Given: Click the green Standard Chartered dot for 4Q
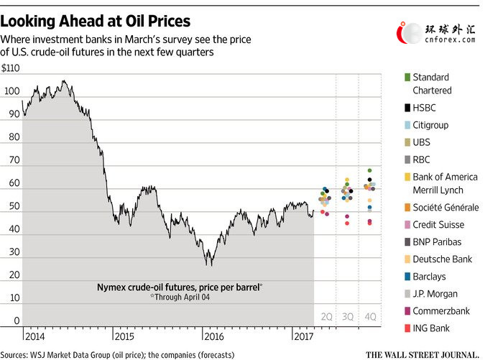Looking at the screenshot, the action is coord(369,170).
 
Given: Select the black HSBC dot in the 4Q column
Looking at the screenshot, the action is coord(369,180).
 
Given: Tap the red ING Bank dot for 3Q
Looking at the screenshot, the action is coord(347,223).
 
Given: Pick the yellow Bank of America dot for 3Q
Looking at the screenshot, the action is coord(347,180).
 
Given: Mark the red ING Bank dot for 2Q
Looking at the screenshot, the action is coord(323,212).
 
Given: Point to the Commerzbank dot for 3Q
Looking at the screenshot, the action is coord(347,216).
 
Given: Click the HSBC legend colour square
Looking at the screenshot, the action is coord(407,108).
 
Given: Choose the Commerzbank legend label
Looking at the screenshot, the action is coord(441,311).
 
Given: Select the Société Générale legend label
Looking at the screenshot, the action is coord(446,207).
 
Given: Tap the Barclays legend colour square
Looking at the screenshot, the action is coord(407,277).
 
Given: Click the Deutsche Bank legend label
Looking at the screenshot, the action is coord(443,259).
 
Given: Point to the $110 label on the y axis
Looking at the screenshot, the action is coord(10,68).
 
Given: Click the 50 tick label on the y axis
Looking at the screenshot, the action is coord(14,206).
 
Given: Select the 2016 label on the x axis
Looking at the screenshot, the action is coord(214,336).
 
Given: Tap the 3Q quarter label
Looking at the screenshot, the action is coord(347,317).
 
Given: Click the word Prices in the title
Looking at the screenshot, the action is coord(169,21).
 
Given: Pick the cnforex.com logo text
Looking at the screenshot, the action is coord(450,40).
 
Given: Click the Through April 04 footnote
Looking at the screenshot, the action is coord(180,297).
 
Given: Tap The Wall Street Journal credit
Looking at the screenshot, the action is coord(423,355).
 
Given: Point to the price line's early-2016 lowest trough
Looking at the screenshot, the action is coord(211,266).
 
